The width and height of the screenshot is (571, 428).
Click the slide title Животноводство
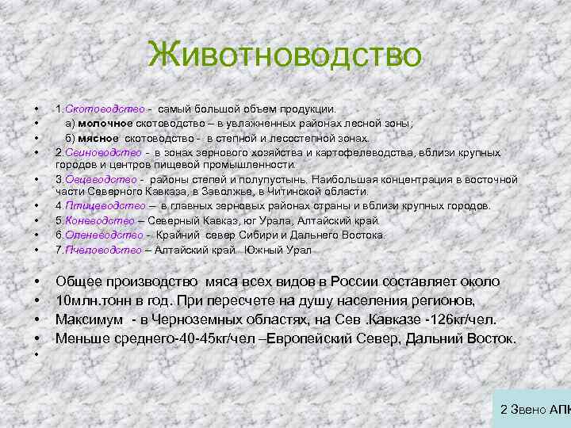tap(285, 55)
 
